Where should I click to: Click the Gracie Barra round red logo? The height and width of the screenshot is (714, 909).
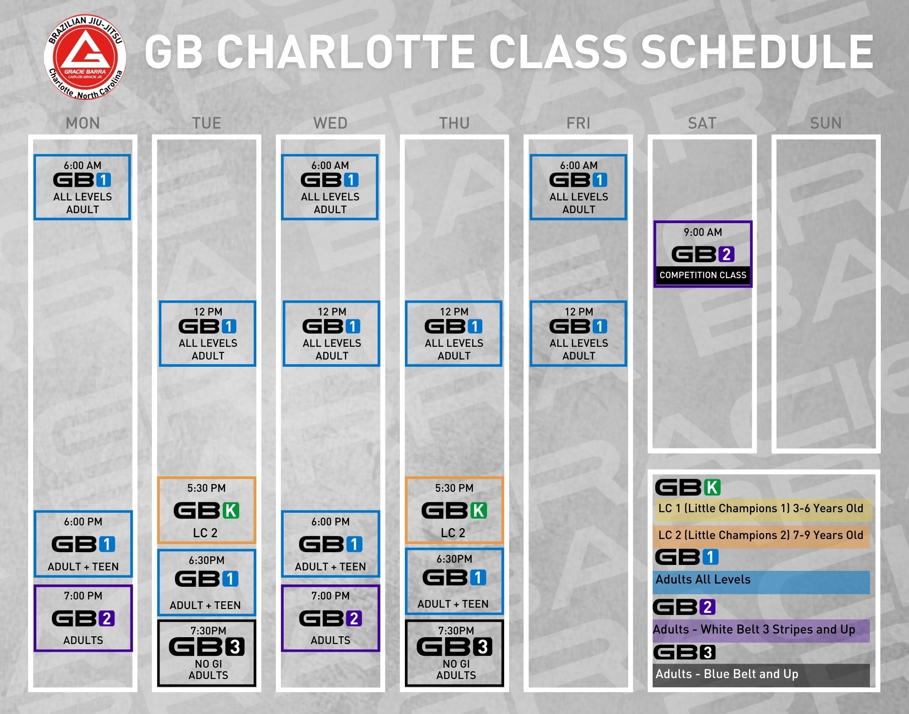85,58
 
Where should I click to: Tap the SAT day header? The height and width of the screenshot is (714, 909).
702,123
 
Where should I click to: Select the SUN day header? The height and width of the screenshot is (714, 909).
826,123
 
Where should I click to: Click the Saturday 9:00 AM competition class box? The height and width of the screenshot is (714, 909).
703,254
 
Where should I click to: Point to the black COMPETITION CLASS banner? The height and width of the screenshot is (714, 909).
703,275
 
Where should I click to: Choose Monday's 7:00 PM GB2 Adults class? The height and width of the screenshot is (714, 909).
83,618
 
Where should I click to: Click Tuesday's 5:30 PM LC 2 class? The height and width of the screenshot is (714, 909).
207,510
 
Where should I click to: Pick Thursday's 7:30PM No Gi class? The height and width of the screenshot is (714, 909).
454,653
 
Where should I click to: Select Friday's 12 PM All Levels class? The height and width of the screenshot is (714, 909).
578,334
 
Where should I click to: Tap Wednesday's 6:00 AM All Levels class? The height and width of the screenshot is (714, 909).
330,187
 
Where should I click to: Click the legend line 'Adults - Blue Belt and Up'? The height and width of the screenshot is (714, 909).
727,674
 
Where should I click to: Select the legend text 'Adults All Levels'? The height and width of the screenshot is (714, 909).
703,579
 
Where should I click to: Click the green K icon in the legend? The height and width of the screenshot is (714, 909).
712,487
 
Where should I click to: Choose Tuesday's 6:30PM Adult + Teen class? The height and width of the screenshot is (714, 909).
207,582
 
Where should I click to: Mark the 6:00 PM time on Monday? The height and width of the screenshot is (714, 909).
83,522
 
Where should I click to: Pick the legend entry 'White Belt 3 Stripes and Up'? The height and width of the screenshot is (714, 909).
778,629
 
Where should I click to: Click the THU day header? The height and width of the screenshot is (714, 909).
454,123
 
